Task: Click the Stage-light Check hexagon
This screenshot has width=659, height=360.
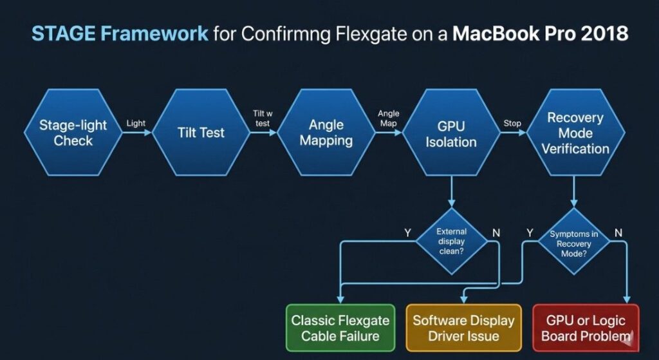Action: click(73, 133)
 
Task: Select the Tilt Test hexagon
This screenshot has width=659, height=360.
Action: click(201, 133)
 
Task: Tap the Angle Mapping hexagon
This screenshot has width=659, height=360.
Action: click(326, 133)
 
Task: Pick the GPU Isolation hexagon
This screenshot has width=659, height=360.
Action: click(451, 133)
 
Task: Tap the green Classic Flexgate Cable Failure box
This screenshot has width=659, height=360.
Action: click(340, 328)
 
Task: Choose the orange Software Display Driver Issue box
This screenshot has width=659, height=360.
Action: click(463, 328)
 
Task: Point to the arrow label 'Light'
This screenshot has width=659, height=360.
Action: click(136, 124)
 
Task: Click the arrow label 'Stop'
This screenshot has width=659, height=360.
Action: click(513, 123)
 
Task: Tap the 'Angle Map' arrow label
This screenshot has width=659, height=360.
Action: click(389, 118)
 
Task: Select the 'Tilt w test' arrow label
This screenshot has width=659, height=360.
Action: click(263, 118)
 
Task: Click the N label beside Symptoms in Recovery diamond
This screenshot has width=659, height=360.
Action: click(618, 232)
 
